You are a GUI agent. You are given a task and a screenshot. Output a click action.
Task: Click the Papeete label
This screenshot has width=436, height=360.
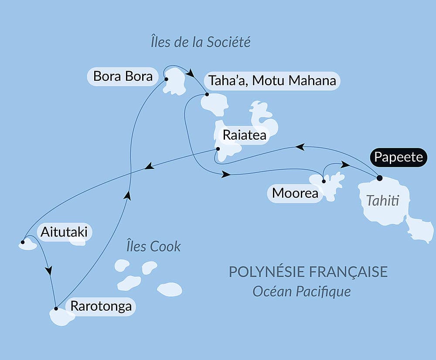pos(399,157)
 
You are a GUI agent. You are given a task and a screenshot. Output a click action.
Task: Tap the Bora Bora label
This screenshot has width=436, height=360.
pos(123,77)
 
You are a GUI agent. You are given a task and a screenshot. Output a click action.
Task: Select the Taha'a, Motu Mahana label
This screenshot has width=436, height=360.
pos(272,81)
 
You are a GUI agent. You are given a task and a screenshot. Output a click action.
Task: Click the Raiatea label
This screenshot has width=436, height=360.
pos(244,135)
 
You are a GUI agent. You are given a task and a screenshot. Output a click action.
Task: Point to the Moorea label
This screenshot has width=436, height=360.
pos(295,193)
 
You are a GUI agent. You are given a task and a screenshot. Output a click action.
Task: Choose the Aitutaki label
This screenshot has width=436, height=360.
pos(64,232)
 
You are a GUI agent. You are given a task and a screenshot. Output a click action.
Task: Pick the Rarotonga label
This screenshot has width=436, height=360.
pos(101,306)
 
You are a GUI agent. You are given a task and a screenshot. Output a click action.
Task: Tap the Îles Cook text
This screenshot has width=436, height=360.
pos(153,246)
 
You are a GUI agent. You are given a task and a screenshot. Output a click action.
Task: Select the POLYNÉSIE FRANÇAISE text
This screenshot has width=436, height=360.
pos(308,271)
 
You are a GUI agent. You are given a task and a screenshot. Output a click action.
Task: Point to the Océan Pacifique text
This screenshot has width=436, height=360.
pos(302,291)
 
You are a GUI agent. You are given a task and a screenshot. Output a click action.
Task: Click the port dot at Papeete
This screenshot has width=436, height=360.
pos(379,178)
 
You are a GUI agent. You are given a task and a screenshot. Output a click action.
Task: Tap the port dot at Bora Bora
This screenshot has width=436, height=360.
pos(166,79)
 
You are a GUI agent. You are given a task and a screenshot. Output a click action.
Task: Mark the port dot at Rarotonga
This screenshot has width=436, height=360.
pos(56,309)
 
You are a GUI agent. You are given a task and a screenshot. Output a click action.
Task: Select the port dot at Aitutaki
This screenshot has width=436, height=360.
pos(23,241)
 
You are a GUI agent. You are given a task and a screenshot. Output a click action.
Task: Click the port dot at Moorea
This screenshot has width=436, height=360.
pos(324,181)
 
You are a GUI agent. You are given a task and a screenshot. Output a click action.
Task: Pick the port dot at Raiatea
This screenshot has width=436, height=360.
pos(218,149)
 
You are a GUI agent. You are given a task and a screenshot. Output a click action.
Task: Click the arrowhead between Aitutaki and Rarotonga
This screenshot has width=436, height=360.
pos(49,271)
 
